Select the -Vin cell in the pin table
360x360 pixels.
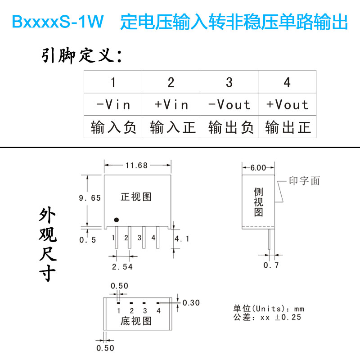click(x=113, y=105)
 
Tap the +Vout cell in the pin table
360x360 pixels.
click(x=287, y=105)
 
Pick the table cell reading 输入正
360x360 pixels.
click(x=171, y=127)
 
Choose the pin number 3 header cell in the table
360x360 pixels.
click(x=229, y=82)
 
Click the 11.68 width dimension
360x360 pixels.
click(x=137, y=165)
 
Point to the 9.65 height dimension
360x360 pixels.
click(x=90, y=198)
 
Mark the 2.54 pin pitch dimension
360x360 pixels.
click(x=123, y=267)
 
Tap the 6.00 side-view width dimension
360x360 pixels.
click(x=258, y=168)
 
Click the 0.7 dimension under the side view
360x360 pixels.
click(x=271, y=265)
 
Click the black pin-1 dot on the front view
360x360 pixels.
click(x=116, y=220)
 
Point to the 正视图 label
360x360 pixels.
click(x=136, y=197)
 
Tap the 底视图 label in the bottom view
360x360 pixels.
click(x=136, y=321)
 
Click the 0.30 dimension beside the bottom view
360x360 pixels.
click(x=191, y=303)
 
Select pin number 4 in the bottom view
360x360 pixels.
click(x=158, y=310)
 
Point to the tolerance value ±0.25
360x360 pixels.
click(x=289, y=318)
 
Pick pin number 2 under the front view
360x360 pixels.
click(x=126, y=238)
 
